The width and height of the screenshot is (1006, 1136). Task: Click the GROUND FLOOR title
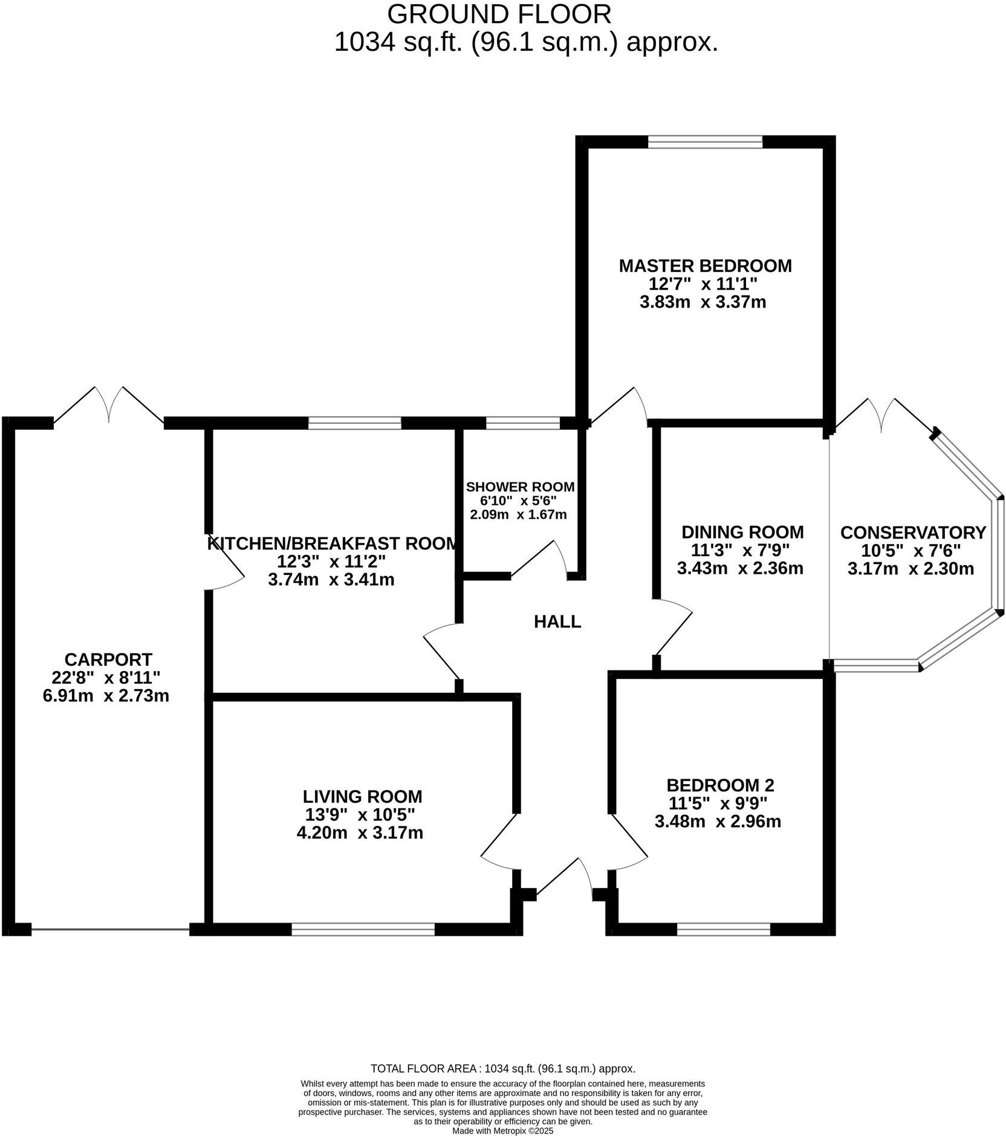pos(499,13)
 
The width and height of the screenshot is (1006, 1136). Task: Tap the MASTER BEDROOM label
pos(705,265)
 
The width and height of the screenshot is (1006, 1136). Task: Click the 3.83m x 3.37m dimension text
pos(703,302)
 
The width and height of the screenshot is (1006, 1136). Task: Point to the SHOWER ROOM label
pos(520,487)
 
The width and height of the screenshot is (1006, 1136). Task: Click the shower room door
pos(540,560)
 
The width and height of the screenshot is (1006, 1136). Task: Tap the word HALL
pos(557,621)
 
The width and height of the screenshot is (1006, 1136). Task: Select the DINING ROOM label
pos(742,532)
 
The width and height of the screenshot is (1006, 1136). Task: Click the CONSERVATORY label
pos(912,533)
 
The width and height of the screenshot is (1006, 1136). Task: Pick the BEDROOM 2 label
pos(719,785)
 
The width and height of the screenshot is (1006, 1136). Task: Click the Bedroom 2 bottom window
pos(723,929)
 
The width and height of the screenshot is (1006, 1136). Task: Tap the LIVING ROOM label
pos(362,796)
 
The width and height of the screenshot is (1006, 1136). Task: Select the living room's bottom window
pos(363,929)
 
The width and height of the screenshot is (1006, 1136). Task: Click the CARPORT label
pos(108,659)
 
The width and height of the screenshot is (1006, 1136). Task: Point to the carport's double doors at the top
pos(109,405)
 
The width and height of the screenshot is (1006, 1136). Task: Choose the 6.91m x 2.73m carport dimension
pos(106,696)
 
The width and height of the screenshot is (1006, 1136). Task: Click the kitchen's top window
pos(355,423)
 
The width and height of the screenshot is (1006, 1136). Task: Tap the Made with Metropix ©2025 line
pos(502,1131)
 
